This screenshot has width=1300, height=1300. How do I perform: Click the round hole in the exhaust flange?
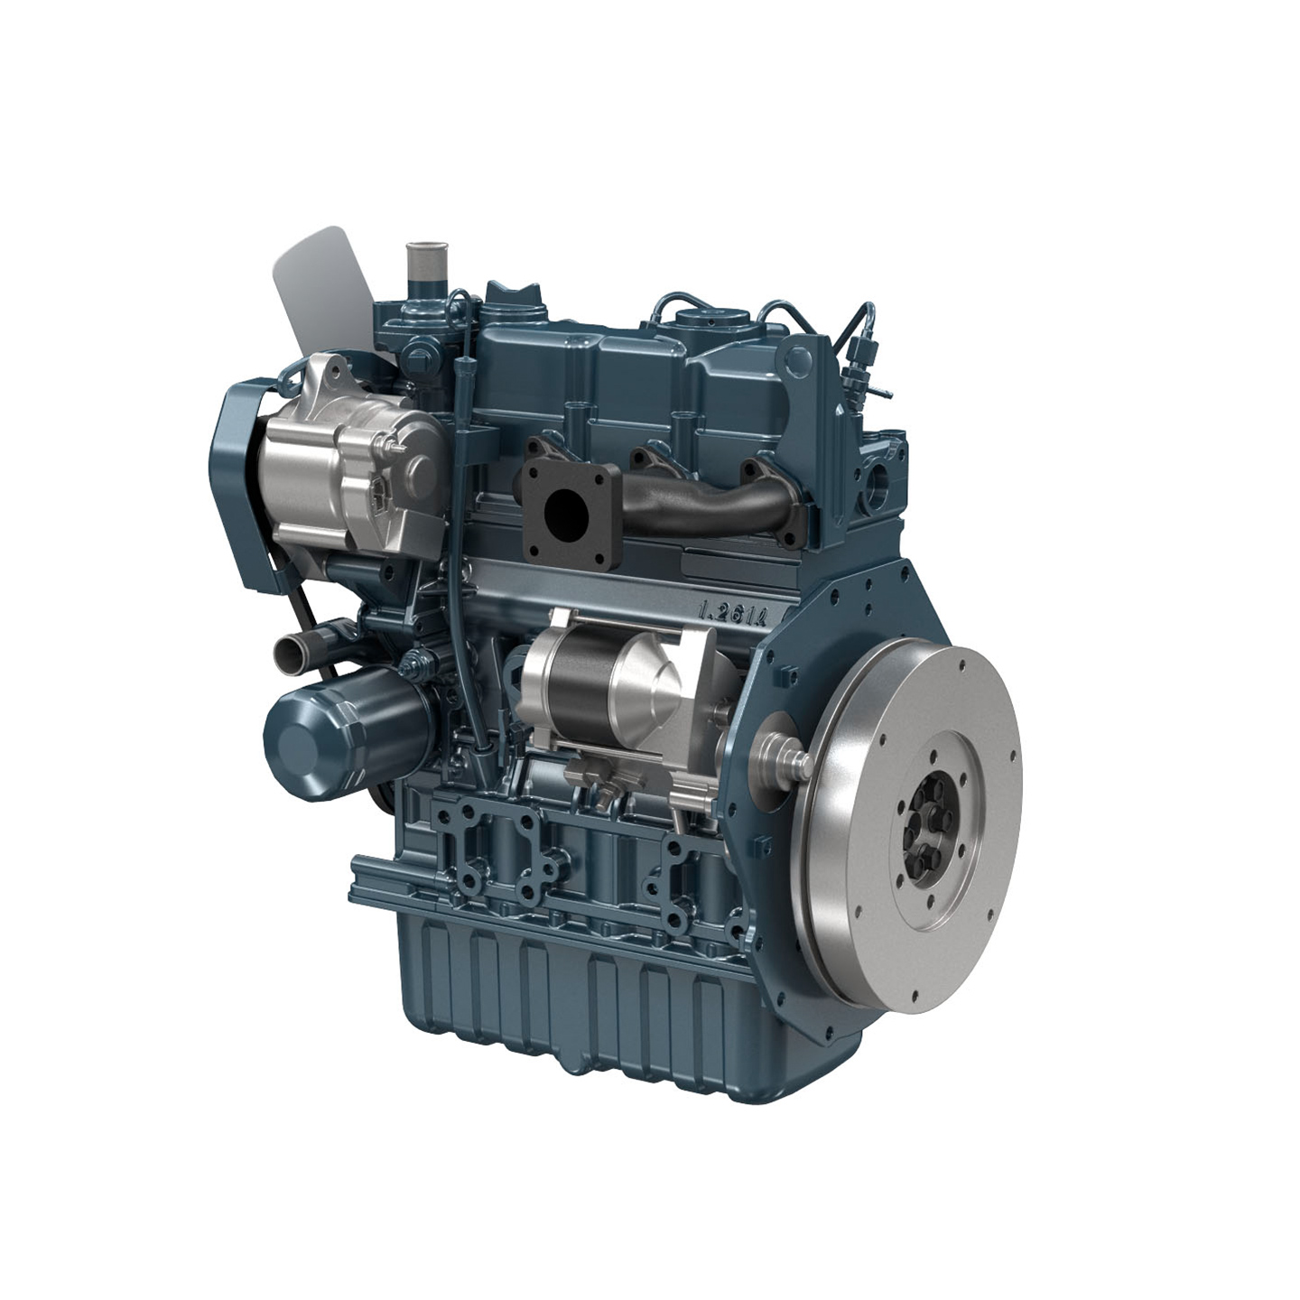pos(570,511)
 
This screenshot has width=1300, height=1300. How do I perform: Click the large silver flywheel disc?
pos(903,803)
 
